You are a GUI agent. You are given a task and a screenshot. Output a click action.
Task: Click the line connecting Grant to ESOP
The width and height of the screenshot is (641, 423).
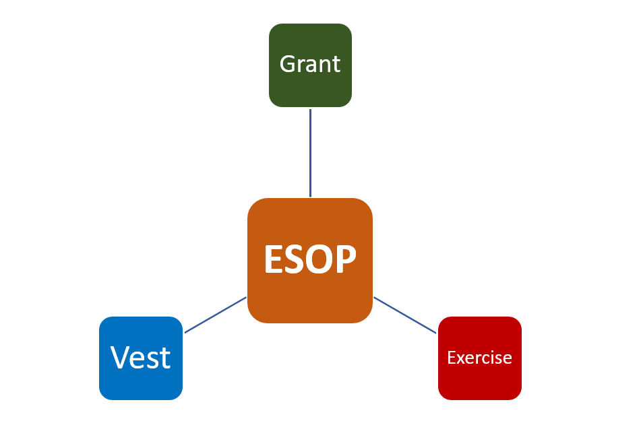pyautogui.click(x=310, y=152)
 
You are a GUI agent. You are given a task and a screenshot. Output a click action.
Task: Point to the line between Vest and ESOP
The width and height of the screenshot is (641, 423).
pyautogui.click(x=216, y=315)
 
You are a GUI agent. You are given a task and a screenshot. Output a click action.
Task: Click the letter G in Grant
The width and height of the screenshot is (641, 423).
pyautogui.click(x=288, y=65)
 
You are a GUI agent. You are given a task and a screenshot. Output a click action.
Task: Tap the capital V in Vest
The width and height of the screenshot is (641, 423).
pyautogui.click(x=120, y=357)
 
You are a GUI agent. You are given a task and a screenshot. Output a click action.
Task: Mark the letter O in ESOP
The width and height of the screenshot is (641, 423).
pyautogui.click(x=319, y=259)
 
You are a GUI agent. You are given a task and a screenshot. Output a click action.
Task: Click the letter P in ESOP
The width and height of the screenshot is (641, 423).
pyautogui.click(x=345, y=259)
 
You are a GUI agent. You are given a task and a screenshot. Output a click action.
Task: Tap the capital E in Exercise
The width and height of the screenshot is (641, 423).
pyautogui.click(x=451, y=357)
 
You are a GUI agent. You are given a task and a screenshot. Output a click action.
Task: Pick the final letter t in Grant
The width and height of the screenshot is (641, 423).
pyautogui.click(x=336, y=65)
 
